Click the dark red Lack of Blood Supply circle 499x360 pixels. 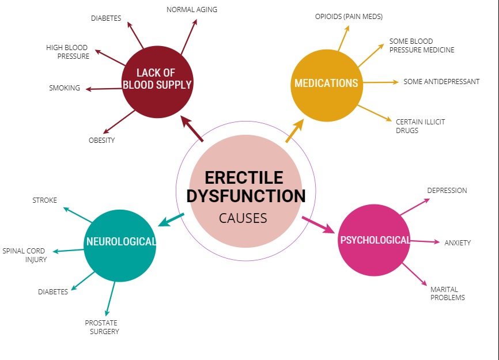point(157,82)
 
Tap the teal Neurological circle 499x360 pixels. point(120,245)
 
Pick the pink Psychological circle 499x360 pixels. point(375,240)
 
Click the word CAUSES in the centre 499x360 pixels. point(243,218)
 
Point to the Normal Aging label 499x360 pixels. point(192,10)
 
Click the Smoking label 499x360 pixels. point(65,88)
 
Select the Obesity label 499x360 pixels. point(101,140)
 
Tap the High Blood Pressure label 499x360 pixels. point(67,52)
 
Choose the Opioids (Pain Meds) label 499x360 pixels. point(349,17)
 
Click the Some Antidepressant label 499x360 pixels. point(441,82)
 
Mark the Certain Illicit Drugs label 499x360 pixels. point(420,126)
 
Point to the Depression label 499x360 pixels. point(447,191)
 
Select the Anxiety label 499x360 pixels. point(458,242)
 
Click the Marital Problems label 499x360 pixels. point(448,293)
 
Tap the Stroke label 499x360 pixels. point(44,200)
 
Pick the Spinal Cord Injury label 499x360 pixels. point(25,255)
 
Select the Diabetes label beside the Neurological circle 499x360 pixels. point(53,292)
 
